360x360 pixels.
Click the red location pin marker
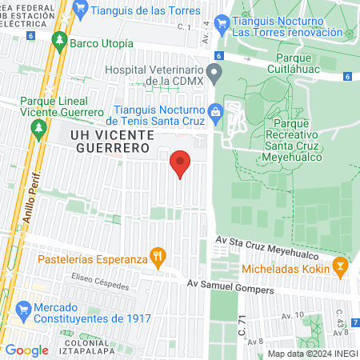181,163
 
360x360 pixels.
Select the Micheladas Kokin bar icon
341,265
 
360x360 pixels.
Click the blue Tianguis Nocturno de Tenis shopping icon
214,112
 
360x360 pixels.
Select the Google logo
26,350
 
